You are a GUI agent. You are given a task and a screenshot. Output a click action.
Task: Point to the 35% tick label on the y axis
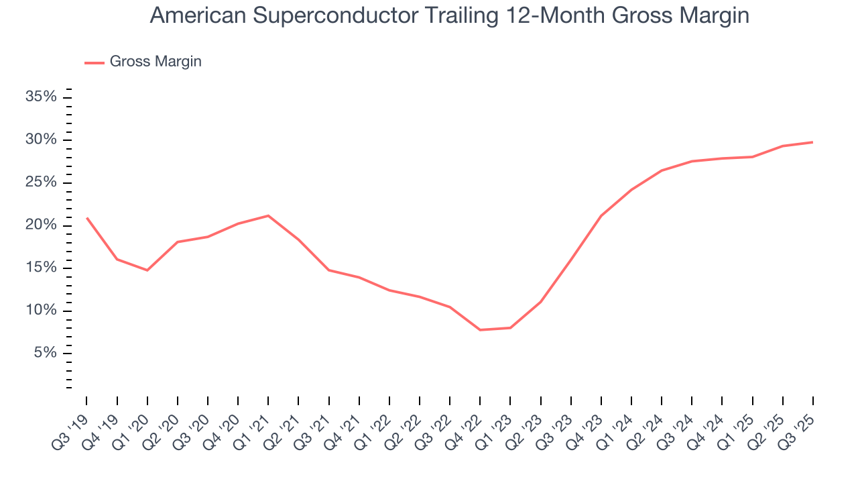click(42, 97)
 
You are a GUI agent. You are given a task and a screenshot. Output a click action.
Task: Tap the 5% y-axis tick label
click(46, 354)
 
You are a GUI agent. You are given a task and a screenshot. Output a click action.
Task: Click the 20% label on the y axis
click(42, 225)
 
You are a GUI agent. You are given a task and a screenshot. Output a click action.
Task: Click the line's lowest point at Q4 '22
click(480, 330)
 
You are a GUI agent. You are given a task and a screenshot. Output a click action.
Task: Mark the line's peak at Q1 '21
click(268, 215)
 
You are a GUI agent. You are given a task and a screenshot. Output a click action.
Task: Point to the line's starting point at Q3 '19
click(87, 218)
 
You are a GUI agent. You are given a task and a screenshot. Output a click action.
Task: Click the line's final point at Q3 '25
click(812, 142)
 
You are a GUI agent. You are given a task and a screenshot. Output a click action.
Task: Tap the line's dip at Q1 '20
click(147, 270)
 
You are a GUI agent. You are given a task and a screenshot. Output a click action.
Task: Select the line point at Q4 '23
click(601, 216)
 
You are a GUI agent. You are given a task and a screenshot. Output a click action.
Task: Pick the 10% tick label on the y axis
click(42, 311)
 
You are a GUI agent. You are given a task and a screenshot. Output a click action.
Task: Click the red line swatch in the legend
click(94, 62)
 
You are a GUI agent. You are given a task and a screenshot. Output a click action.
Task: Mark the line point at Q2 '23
click(540, 302)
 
